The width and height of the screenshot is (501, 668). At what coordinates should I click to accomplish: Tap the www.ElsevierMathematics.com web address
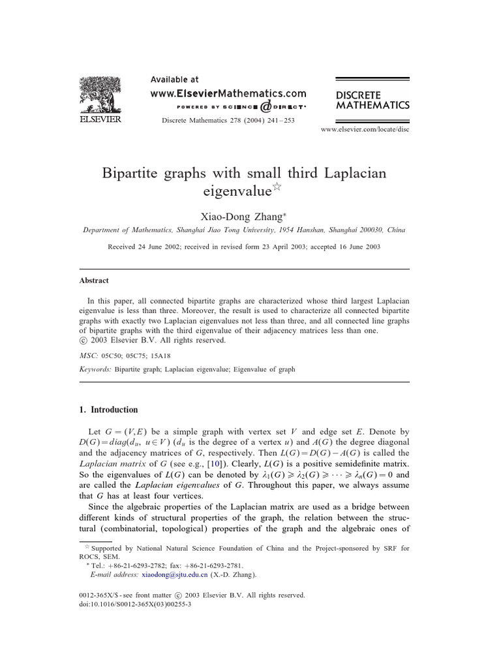228,93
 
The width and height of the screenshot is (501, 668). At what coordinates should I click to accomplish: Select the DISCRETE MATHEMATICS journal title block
372,99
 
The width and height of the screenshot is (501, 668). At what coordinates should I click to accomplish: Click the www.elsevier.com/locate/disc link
365,130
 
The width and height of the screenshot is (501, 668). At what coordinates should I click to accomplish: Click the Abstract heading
94,281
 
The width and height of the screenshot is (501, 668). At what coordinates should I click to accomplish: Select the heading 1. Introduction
108,410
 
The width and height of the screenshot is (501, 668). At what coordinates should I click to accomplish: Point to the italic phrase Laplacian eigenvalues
177,485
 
